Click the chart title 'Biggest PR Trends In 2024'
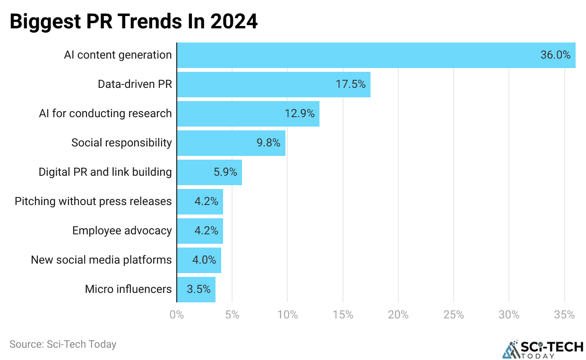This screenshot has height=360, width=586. click(134, 22)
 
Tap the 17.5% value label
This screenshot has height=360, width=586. click(351, 85)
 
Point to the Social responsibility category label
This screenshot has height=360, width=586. click(121, 143)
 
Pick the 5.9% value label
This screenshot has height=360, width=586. click(225, 172)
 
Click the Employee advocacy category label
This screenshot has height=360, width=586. click(122, 231)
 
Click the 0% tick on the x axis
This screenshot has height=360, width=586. click(177, 315)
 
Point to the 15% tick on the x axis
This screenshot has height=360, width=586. click(343, 315)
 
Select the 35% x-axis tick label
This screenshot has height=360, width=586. click(564, 315)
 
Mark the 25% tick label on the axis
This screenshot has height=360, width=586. click(454, 315)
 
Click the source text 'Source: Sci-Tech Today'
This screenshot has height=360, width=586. click(63, 344)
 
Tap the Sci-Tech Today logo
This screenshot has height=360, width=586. click(542, 349)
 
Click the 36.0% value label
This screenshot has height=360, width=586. click(555, 55)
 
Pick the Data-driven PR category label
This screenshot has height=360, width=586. click(135, 85)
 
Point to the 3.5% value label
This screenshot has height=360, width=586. click(198, 289)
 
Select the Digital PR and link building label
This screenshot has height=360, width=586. click(105, 172)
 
